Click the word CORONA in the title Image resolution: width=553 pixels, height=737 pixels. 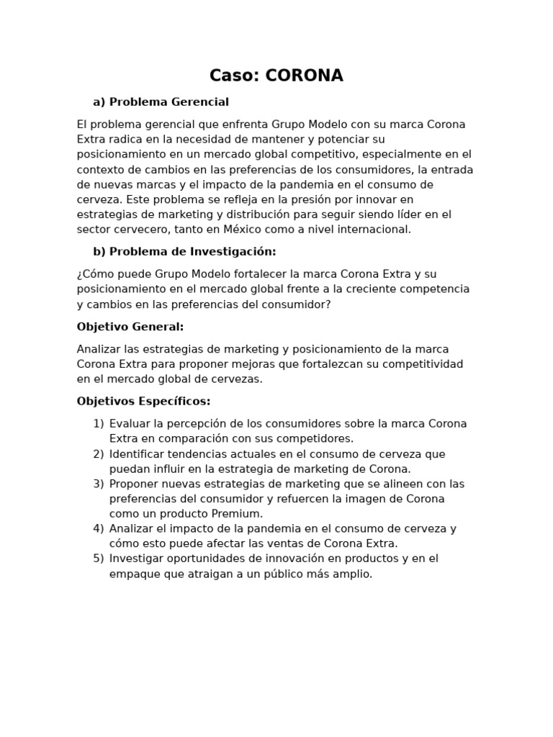point(305,76)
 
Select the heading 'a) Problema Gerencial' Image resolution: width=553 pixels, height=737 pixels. point(161,101)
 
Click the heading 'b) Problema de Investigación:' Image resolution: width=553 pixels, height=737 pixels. point(184,251)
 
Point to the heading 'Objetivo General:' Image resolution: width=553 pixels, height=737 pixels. point(130,326)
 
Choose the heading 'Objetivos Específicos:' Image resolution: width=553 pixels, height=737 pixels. point(143,401)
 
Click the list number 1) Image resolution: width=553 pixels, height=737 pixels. point(99,423)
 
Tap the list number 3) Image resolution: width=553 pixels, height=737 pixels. point(99,484)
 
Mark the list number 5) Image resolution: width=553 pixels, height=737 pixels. point(99,559)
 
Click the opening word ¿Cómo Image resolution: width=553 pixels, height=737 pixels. point(94,273)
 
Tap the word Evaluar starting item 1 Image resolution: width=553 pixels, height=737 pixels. point(130,423)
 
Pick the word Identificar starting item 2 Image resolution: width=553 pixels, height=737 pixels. point(138,453)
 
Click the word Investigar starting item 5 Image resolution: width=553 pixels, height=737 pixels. point(138,559)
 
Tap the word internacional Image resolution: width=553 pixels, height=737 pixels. point(374,229)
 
